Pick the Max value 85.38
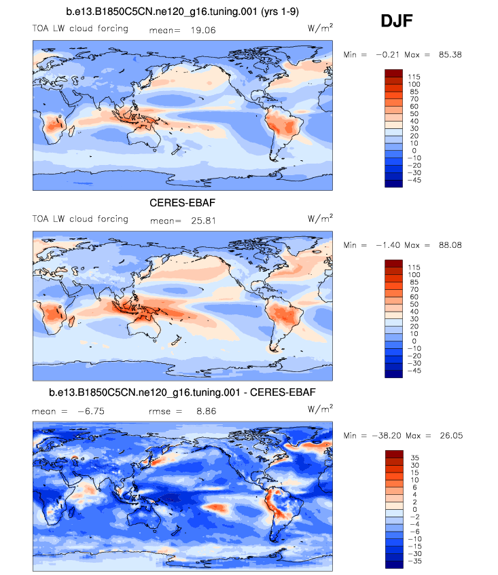[446, 54]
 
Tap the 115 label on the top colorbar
[414, 77]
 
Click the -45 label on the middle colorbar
[414, 371]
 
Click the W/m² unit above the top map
[321, 29]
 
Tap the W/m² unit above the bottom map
[321, 409]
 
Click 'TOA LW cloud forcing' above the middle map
[80, 219]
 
